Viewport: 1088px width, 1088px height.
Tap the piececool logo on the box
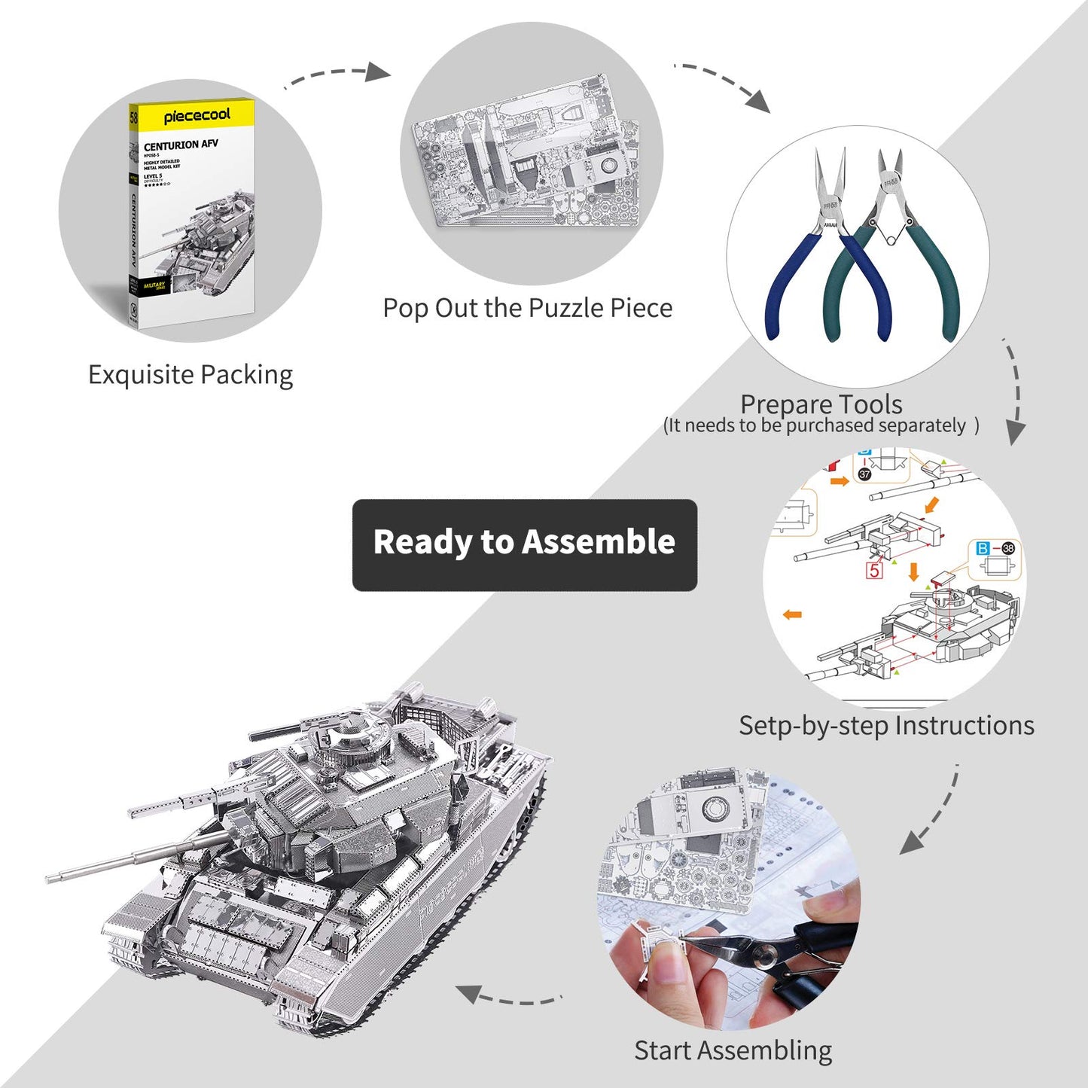(x=197, y=116)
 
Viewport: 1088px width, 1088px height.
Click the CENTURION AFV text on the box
(x=181, y=145)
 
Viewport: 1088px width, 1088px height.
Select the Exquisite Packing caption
(x=190, y=375)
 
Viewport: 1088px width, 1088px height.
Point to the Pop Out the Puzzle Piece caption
(x=527, y=308)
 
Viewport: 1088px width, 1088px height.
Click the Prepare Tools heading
(x=821, y=404)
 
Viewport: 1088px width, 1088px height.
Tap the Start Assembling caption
(x=733, y=1050)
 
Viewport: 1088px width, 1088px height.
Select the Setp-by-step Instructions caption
(x=886, y=726)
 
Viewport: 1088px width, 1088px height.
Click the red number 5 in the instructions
(x=874, y=570)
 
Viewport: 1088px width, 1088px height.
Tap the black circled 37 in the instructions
(x=864, y=474)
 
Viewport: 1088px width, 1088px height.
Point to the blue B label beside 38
(x=983, y=549)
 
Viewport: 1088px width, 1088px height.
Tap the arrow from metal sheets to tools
(x=723, y=84)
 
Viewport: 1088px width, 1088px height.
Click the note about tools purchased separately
(x=821, y=426)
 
